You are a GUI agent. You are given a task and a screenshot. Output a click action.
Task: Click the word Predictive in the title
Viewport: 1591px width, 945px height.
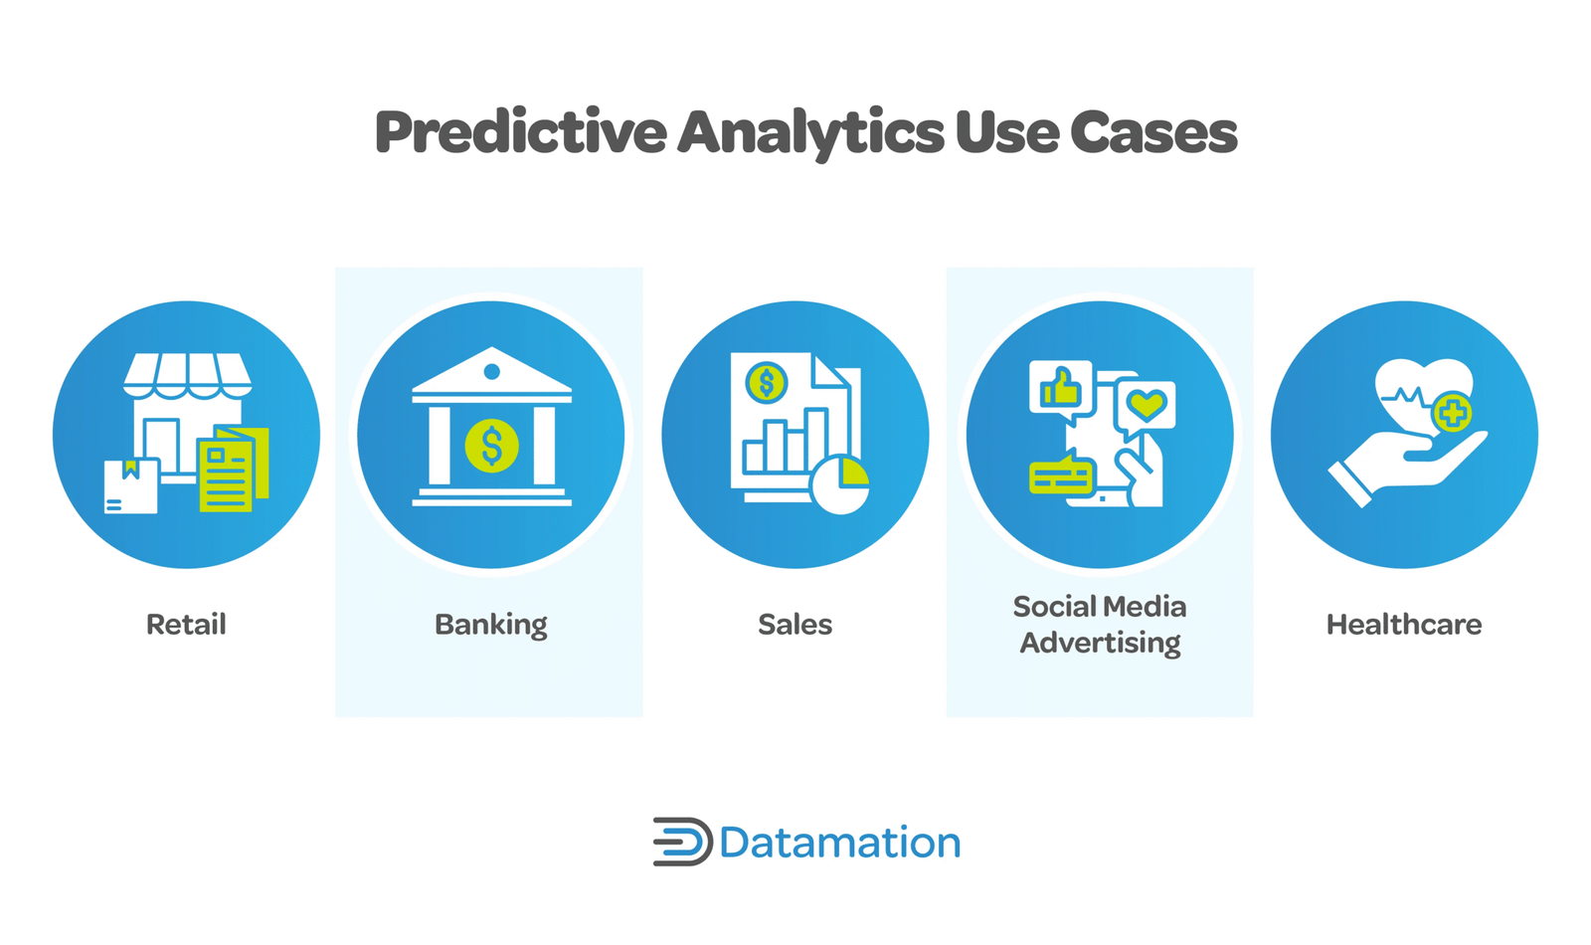click(521, 132)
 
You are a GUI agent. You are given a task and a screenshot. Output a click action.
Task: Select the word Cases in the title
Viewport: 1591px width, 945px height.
click(1153, 133)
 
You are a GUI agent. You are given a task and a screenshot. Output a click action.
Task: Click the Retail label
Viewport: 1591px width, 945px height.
click(186, 625)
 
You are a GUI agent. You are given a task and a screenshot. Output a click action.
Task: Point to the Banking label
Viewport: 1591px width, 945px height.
click(491, 626)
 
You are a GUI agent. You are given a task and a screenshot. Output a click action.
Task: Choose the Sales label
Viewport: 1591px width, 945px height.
click(795, 625)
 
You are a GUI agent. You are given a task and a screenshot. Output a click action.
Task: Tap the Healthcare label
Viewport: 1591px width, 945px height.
click(1404, 625)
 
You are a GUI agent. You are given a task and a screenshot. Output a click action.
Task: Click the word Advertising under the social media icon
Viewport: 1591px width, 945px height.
click(1100, 643)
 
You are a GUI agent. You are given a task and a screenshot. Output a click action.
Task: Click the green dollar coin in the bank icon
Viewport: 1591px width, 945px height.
click(491, 446)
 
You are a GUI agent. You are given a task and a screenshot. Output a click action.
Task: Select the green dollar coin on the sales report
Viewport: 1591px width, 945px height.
click(766, 382)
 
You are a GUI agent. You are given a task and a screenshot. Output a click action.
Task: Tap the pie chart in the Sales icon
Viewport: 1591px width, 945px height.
click(840, 483)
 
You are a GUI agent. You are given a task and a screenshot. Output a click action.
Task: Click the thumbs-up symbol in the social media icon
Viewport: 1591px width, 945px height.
click(1060, 387)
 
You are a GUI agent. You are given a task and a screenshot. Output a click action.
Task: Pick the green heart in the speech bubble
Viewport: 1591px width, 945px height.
click(1148, 404)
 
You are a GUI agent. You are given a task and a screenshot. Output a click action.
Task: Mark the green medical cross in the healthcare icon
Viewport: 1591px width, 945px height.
click(1453, 413)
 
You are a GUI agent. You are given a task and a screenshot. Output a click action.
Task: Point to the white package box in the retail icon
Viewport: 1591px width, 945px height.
click(131, 486)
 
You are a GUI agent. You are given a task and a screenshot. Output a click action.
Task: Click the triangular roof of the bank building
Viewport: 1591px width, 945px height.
click(491, 369)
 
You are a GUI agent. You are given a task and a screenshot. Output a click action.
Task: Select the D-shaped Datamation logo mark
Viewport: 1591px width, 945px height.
click(682, 842)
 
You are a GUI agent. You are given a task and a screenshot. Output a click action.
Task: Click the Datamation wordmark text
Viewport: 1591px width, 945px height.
click(840, 843)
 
